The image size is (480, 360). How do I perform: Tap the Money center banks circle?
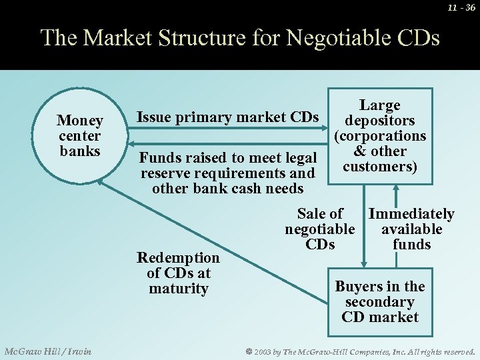click(x=80, y=135)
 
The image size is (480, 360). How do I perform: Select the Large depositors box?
click(x=379, y=136)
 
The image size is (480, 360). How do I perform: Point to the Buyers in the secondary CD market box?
click(x=379, y=301)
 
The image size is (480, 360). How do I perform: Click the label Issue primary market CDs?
click(x=227, y=117)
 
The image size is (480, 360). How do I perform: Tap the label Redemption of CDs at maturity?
click(x=178, y=273)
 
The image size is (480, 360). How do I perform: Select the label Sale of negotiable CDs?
click(x=320, y=229)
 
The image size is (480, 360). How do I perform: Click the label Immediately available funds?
click(x=411, y=229)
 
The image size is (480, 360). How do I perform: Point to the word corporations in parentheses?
click(x=380, y=135)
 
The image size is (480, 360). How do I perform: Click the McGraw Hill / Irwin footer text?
click(x=48, y=351)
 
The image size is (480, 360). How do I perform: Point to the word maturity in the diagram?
click(x=179, y=289)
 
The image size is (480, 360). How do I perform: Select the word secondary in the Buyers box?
click(x=379, y=301)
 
